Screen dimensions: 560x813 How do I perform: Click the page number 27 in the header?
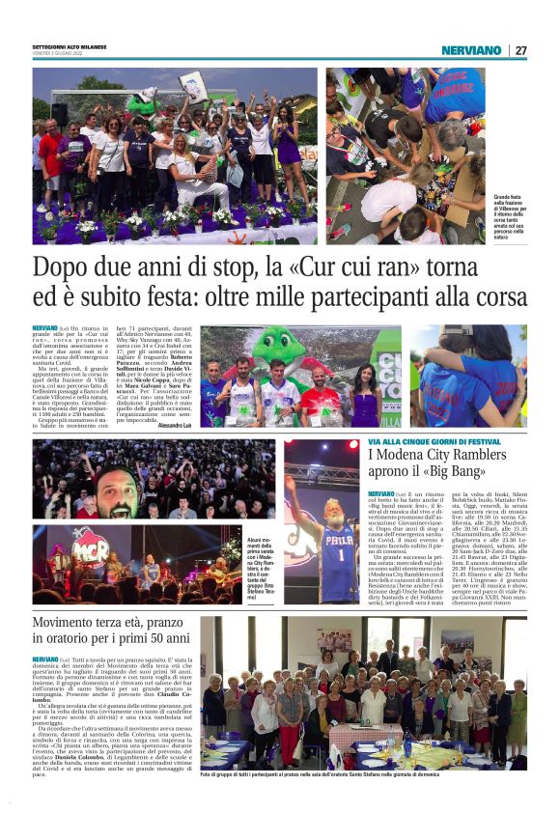pos(520,50)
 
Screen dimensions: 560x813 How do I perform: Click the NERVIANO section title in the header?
pos(471,50)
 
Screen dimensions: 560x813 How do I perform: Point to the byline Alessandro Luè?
pos(175,425)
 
